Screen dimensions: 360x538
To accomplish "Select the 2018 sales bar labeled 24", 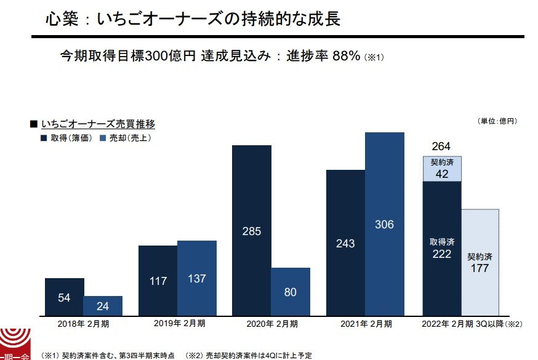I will coord(103,305).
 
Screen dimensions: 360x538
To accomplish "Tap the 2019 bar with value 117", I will coord(158,280).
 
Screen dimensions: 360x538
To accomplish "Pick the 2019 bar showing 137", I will coord(196,278).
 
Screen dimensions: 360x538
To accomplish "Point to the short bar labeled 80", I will coord(291,291).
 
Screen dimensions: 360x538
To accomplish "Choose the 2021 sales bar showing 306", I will coord(384,223).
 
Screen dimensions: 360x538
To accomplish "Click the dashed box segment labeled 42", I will coord(442,169).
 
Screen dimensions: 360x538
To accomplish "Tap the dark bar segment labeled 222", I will coord(442,247).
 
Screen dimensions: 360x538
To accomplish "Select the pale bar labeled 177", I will coord(480,262).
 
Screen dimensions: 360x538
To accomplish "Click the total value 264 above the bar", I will coord(441,146).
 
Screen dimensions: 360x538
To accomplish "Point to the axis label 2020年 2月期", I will coord(272,323).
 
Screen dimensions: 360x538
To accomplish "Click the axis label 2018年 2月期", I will coord(83,323).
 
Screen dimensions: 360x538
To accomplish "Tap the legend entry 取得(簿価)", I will coord(68,138).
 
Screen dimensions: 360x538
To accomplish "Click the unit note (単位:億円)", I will coord(497,121).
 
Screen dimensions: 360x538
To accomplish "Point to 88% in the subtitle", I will coord(346,56).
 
